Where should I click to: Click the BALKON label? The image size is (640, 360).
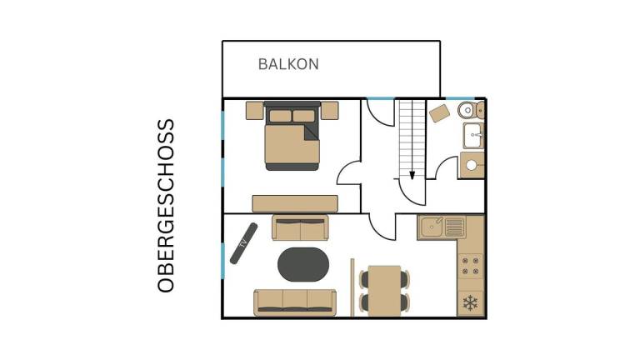288,64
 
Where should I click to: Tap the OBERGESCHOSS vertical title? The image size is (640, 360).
166,206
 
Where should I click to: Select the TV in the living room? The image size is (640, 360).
243,243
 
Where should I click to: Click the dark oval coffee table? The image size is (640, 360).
303,264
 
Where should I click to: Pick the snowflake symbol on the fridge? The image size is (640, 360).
470,303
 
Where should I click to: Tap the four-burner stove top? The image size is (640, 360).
471,266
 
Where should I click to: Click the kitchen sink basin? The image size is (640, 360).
432,227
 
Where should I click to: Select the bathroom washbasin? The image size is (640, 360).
473,136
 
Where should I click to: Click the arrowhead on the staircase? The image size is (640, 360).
412,176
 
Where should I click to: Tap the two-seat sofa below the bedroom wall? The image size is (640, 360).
300,227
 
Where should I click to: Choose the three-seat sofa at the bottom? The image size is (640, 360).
295,302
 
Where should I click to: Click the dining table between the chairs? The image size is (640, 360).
384,291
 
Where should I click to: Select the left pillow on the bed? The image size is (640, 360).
280,116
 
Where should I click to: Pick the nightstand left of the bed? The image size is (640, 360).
255,111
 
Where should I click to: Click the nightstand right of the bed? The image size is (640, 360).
330,111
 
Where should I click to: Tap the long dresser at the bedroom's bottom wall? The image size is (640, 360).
295,203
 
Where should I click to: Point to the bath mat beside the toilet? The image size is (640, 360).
439,113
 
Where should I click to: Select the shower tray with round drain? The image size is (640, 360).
472,165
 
